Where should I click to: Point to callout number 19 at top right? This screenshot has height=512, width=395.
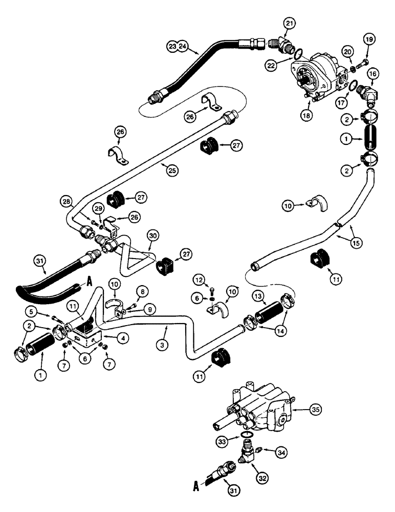369,39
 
